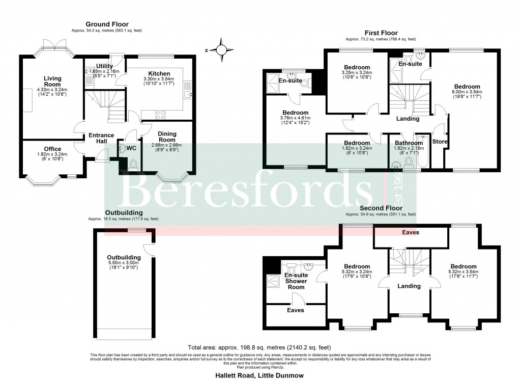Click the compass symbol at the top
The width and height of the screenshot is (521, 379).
point(221,49)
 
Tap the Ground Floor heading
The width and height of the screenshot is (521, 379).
point(107,24)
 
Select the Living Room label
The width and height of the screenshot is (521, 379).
point(52,82)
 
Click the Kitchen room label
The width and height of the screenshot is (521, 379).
point(159,74)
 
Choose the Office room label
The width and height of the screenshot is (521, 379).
point(52,149)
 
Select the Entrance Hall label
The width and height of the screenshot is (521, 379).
point(101,138)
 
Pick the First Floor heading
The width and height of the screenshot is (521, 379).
point(381,33)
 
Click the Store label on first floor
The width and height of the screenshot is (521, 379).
point(439,141)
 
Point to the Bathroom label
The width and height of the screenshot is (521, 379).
point(403,143)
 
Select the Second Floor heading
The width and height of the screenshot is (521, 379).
point(381,208)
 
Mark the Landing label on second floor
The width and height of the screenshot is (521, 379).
point(409,286)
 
